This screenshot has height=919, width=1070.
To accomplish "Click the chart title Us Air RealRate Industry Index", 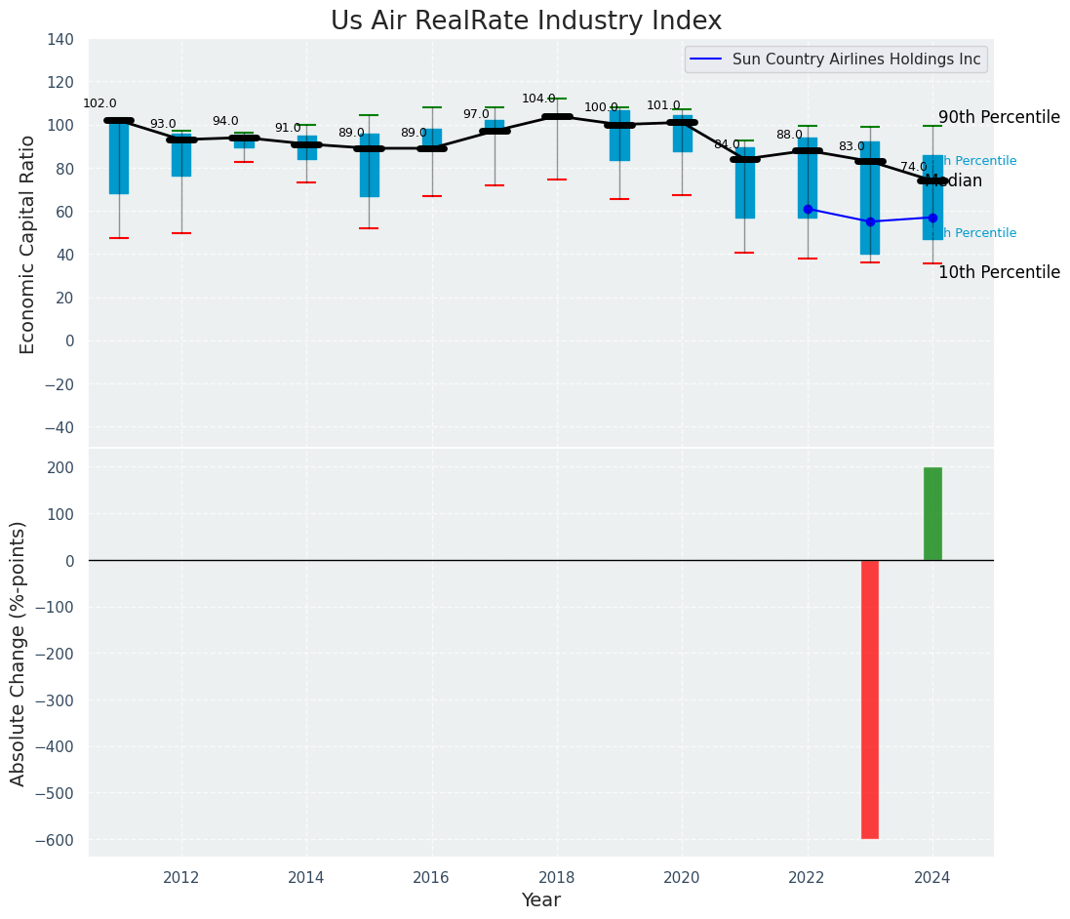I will coord(526,21).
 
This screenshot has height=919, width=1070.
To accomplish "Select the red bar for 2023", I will coord(869,699).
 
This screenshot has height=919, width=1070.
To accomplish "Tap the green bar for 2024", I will coord(932,514).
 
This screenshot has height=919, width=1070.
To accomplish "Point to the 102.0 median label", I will coord(99,103).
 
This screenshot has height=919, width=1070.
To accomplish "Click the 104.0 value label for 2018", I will coord(538,99).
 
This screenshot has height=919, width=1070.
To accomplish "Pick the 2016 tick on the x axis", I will coord(431,878).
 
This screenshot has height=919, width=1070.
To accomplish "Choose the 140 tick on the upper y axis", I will coord(59,40).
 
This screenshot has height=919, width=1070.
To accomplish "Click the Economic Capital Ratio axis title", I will coord(27,244).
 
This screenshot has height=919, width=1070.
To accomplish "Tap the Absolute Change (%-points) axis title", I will coord(18,653).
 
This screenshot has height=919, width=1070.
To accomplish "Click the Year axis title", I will coord(540,900).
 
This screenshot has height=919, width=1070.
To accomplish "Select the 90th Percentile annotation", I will coord(999,118).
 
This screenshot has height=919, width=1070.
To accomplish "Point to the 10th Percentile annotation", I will coord(999,273).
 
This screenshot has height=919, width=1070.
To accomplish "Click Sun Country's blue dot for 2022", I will coord(808,210).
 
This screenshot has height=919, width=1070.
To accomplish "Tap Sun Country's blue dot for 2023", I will coord(870,221).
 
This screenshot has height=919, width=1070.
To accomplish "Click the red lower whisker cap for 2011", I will coord(119,238).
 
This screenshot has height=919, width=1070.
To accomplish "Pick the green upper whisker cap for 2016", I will coord(432,107).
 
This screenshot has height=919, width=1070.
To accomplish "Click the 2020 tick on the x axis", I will coord(682,878).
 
